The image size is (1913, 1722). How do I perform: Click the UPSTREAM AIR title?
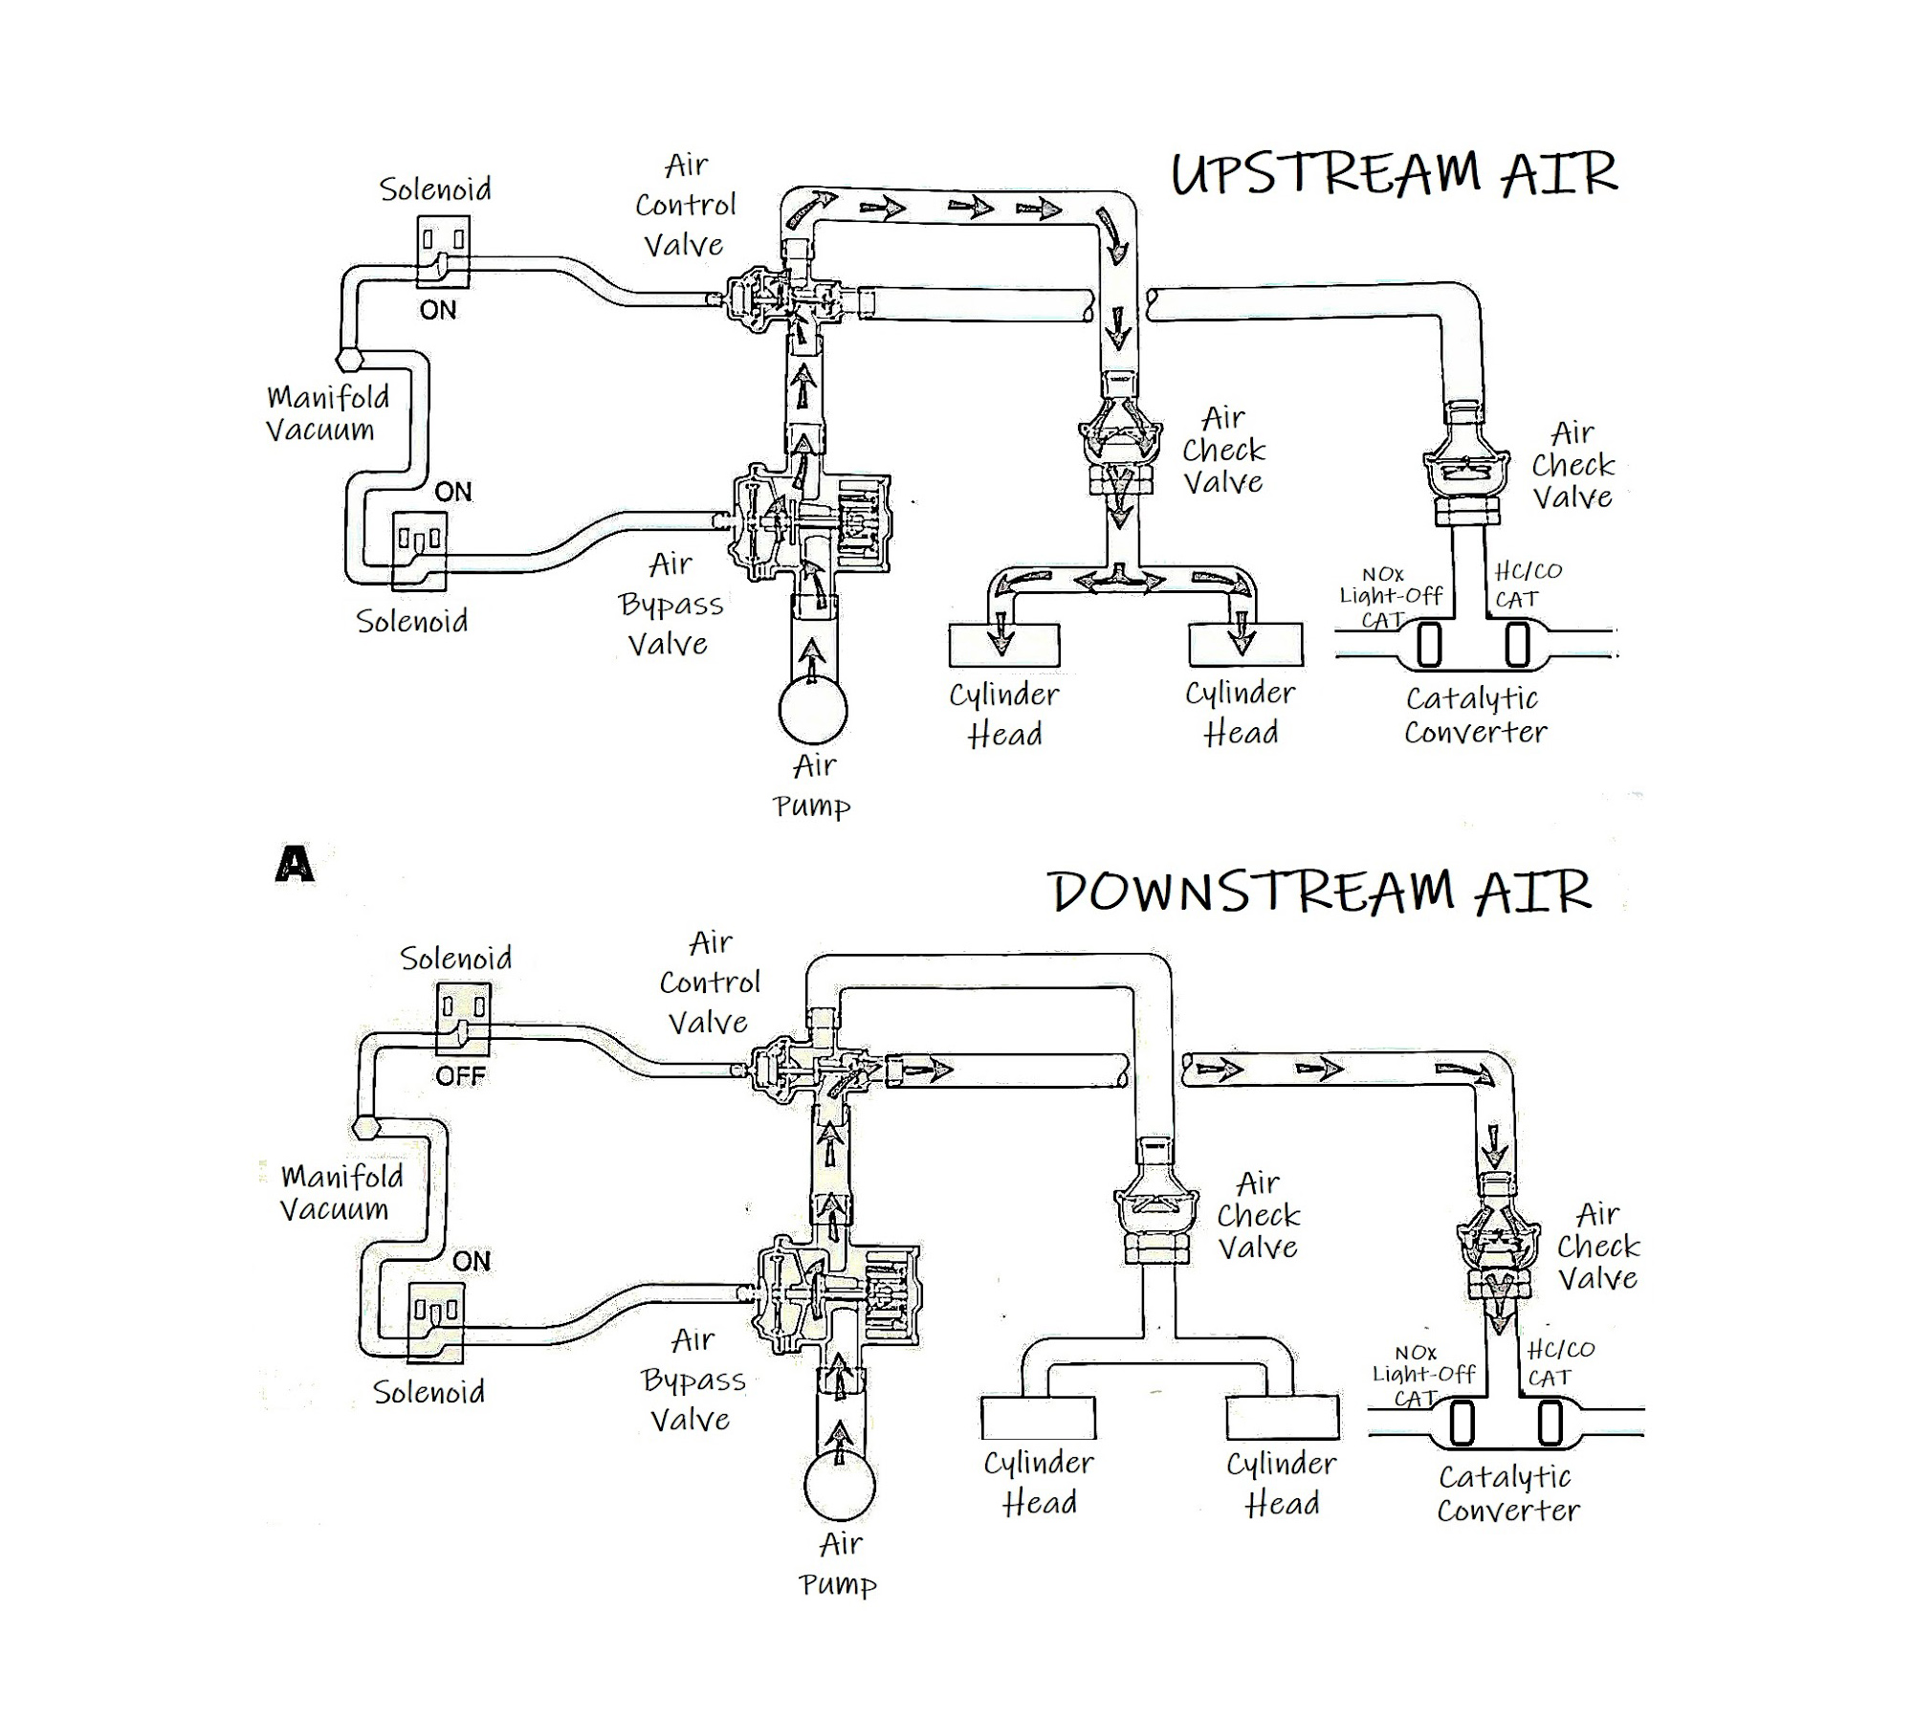point(1394,175)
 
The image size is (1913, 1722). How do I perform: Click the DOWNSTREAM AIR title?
point(1320,892)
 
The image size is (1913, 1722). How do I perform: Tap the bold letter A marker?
point(294,866)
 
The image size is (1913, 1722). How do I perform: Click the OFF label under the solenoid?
point(460,1075)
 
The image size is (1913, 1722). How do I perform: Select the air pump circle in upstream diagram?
point(813,711)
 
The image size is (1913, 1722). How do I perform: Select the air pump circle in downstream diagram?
point(839,1486)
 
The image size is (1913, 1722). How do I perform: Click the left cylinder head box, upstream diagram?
point(1004,646)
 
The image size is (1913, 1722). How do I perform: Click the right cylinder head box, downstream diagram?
point(1282,1418)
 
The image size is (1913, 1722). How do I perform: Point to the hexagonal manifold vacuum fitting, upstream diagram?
point(349,360)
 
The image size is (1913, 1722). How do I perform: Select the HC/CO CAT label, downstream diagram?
point(1559,1362)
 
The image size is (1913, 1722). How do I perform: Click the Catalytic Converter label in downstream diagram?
point(1506,1492)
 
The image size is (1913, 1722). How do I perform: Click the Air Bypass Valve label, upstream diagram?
point(671,604)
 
